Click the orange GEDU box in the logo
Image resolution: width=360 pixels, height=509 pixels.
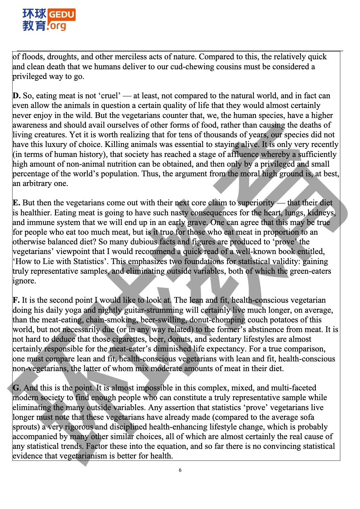61,15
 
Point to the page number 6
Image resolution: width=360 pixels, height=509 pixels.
180,470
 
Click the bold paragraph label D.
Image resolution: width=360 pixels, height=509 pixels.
16,96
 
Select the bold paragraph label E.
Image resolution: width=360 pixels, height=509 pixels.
16,203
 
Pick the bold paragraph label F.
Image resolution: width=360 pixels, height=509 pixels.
16,300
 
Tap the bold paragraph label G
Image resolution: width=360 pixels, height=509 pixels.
16,388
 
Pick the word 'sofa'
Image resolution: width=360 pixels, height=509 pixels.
306,417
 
